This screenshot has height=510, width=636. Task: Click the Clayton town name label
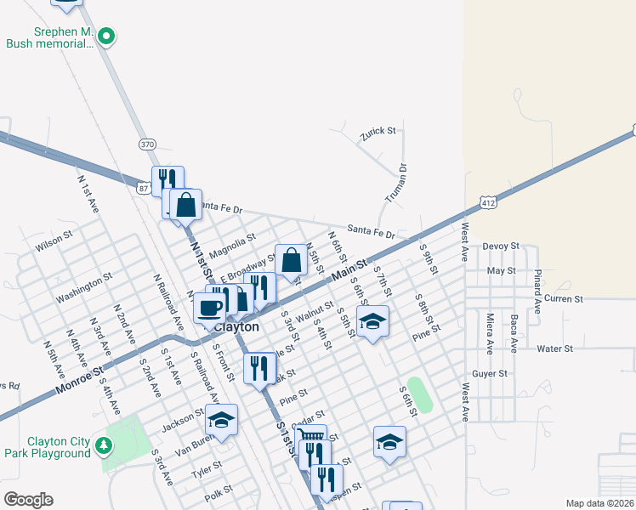[x=237, y=326]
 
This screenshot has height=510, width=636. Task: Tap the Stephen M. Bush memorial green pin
[x=106, y=36]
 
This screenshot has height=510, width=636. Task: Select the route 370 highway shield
[x=148, y=144]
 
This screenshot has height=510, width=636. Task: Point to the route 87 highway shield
[x=142, y=183]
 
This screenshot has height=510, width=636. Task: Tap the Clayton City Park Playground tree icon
[x=103, y=445]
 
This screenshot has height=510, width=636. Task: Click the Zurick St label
[x=378, y=131]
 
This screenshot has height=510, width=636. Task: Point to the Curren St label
[x=563, y=298]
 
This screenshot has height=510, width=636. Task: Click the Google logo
[x=29, y=499]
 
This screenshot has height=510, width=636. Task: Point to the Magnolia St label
[x=232, y=243]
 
